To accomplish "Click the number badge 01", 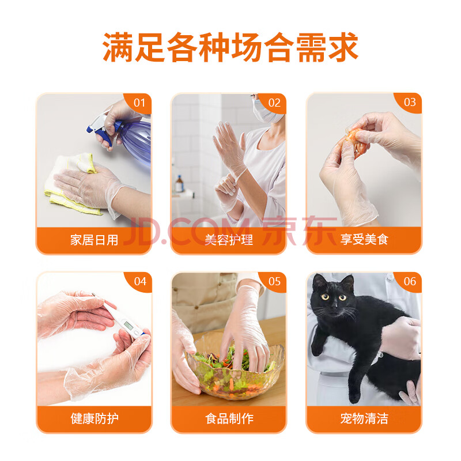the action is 139,103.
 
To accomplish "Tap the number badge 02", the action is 274,103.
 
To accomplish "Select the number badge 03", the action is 410,103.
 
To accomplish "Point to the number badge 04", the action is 139,281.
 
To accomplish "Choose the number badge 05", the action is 274,281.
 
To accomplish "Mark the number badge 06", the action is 410,281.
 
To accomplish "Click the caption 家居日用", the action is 94,240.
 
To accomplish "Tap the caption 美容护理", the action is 229,240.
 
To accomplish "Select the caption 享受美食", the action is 364,239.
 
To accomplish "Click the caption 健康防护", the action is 95,418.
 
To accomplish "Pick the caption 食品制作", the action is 229,418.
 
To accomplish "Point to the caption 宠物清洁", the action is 364,418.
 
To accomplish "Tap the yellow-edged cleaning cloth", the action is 72,184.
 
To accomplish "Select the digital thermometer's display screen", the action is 128,325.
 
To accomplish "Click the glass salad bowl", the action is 236,371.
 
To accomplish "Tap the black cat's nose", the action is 334,306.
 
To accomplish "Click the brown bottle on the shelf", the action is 179,184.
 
